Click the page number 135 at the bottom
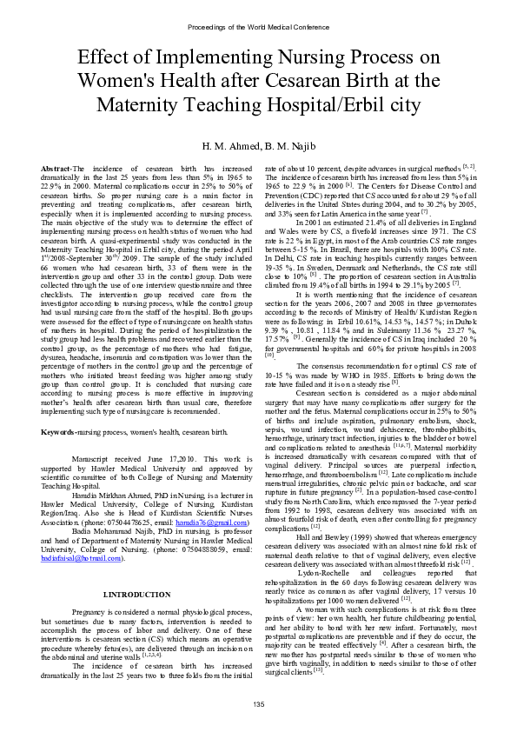pos(258,703)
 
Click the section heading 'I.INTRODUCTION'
pos(136,570)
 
